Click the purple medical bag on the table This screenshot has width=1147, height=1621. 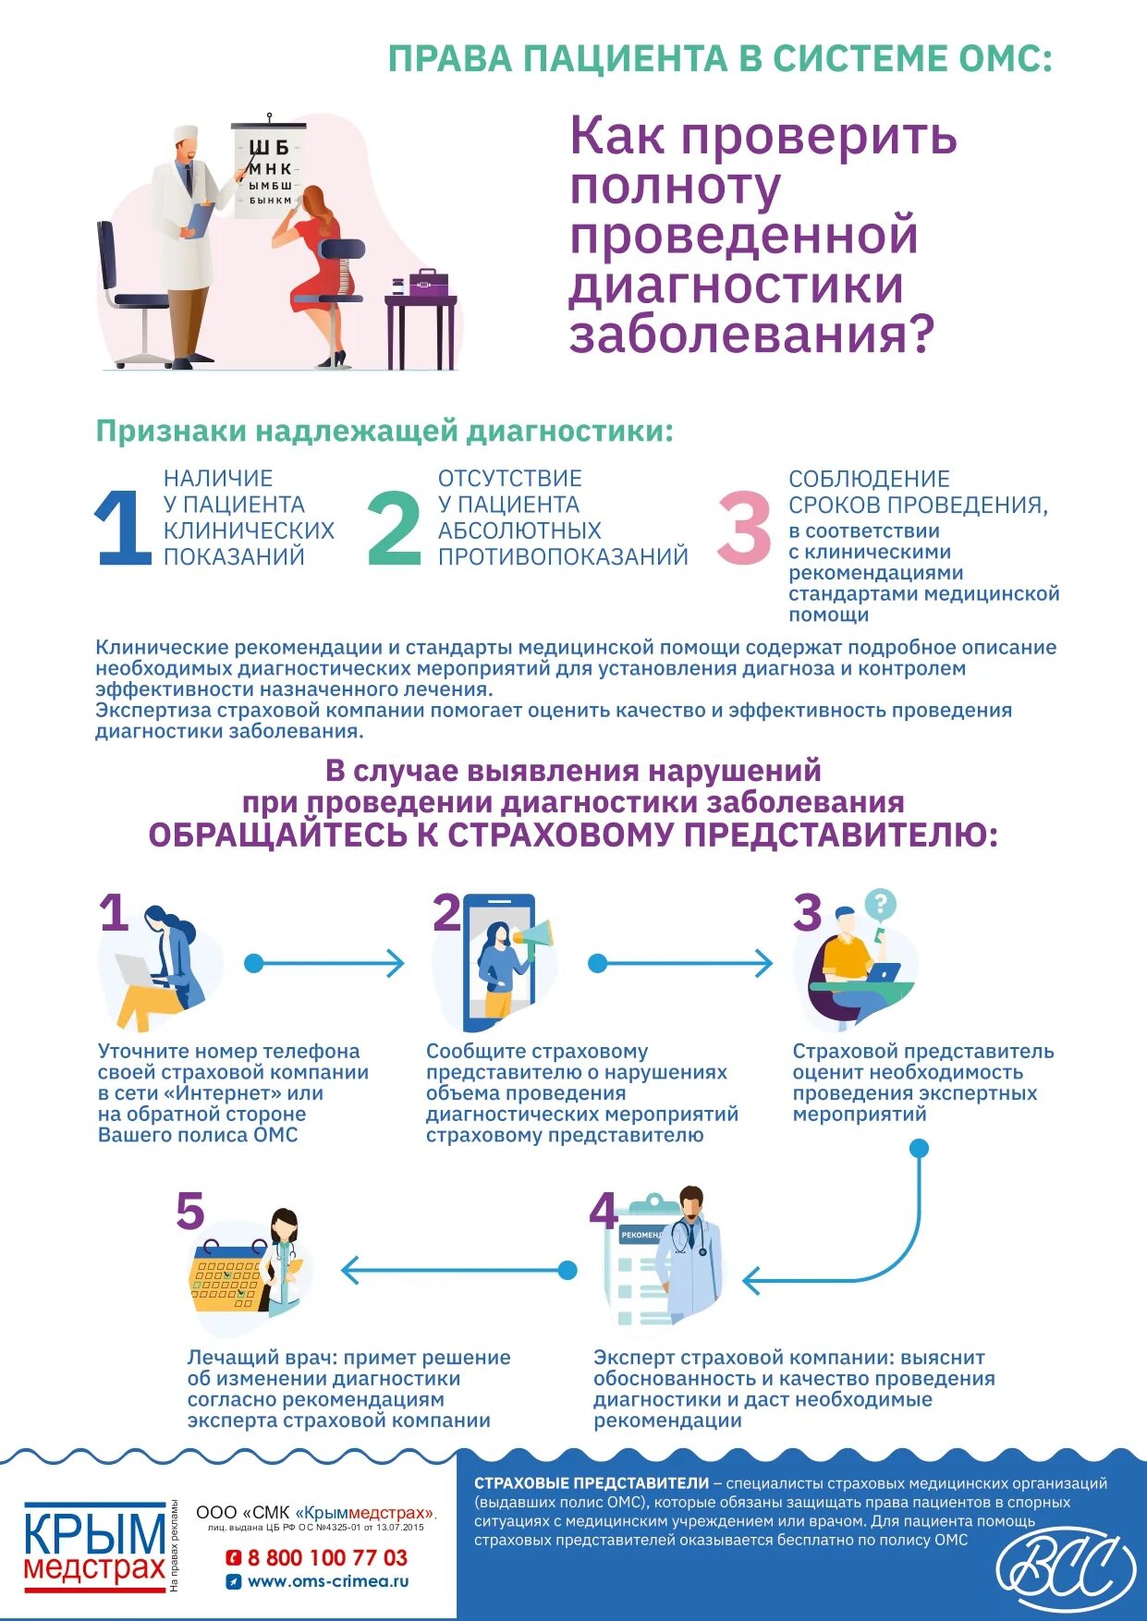(428, 282)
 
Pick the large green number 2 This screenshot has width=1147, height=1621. (394, 527)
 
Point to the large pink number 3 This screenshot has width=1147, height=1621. (744, 527)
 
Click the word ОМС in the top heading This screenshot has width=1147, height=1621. (1005, 59)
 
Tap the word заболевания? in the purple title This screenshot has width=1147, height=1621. (751, 335)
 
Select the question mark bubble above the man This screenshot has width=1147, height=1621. (879, 903)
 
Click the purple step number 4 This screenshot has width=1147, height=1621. (604, 1210)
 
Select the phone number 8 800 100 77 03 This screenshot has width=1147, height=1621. (327, 1557)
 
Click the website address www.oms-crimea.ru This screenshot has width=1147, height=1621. (328, 1581)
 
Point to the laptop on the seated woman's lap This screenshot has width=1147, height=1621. (135, 970)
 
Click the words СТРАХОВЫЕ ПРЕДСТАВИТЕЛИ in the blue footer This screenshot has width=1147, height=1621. (592, 1483)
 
